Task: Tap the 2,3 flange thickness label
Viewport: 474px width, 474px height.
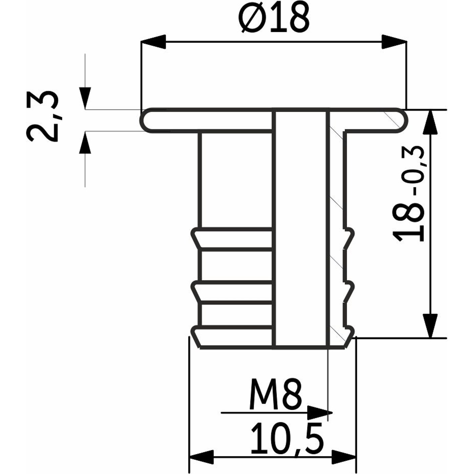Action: [42, 117]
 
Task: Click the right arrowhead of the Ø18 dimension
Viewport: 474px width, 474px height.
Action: [394, 42]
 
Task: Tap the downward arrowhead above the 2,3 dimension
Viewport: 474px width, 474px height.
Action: [85, 98]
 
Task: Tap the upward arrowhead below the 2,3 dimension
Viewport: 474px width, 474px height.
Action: [85, 142]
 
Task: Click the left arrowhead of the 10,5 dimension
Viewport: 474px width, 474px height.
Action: [201, 457]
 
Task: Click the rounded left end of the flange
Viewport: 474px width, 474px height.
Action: [146, 120]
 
